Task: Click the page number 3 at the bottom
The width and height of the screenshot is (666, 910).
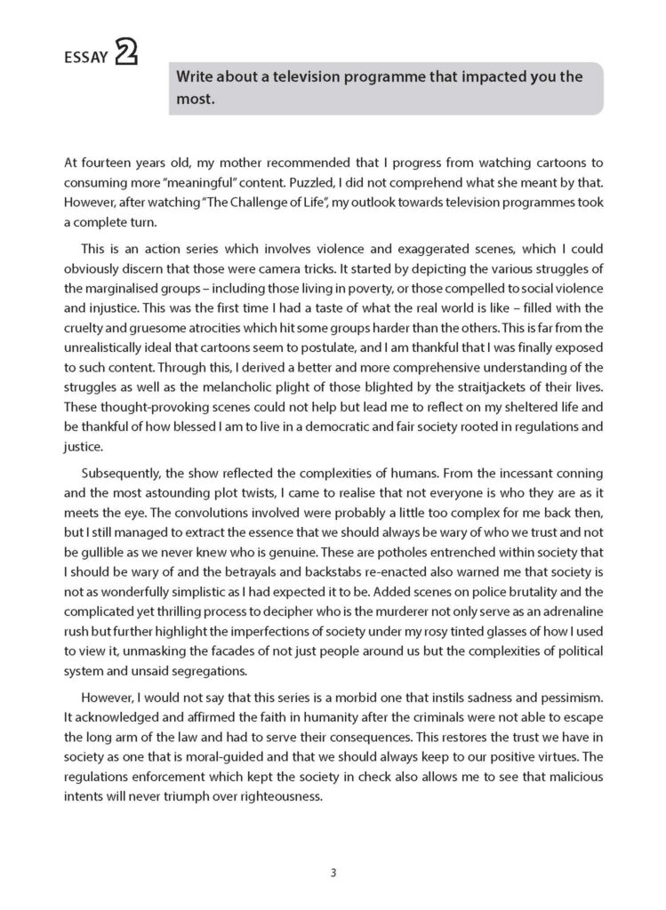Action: click(x=333, y=872)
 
